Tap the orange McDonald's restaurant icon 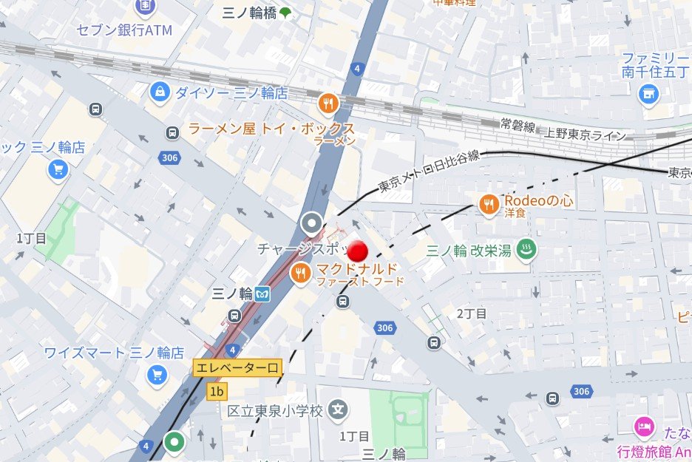point(300,274)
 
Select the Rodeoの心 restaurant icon point(488,205)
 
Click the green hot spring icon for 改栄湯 point(526,250)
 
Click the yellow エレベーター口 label point(237,367)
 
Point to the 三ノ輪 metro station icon point(262,293)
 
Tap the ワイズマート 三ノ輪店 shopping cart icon point(157,375)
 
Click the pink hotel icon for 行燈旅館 point(644,427)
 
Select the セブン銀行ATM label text point(124,30)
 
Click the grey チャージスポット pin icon point(313,222)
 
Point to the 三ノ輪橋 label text point(250,12)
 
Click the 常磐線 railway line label point(517,127)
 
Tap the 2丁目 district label point(472,313)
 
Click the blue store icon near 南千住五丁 point(648,93)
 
